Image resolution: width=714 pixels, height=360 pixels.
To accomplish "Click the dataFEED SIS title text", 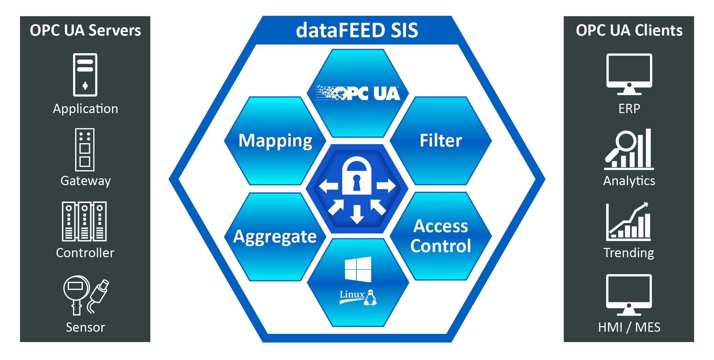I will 357,30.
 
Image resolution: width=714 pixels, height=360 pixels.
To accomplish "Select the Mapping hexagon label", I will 275,141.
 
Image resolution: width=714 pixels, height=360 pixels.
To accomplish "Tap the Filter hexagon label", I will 441,141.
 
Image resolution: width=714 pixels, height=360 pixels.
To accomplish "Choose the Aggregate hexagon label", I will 275,237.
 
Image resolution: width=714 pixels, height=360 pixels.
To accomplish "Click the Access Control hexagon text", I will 441,236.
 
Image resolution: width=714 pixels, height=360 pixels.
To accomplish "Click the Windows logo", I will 358,269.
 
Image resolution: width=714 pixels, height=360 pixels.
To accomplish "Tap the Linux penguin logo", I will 370,298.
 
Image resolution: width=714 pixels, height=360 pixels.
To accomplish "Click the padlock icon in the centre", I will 357,176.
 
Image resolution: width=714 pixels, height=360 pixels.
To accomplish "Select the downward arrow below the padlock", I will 357,214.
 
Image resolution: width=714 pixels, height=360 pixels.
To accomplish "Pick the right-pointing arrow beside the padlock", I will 386,186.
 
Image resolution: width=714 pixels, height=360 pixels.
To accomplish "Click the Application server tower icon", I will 85,75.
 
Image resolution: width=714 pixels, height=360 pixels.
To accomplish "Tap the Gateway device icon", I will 85,150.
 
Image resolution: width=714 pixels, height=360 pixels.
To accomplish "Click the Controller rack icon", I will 84,221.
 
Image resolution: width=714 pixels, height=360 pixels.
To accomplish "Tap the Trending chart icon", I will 629,222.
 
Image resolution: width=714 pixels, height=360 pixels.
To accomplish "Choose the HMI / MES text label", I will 629,327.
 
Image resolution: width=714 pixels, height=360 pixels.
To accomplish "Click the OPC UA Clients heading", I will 629,30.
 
